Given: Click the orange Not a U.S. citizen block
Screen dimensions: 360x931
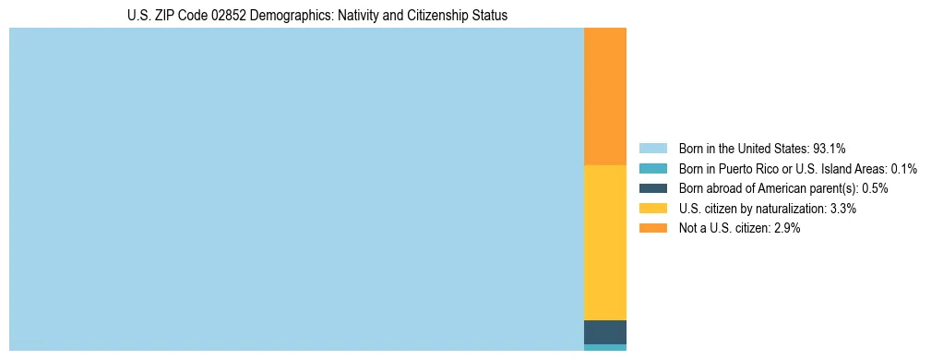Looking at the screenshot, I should (605, 96).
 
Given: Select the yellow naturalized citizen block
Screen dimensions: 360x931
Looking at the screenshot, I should (605, 242).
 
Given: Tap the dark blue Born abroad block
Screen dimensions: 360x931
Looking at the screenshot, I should (605, 331).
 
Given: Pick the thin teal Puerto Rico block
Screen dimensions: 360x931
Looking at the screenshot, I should (605, 347).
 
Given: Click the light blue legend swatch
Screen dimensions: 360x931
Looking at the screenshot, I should (652, 149).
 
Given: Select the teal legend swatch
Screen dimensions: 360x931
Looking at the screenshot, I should (652, 169).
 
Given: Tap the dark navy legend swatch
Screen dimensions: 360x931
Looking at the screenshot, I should (652, 188).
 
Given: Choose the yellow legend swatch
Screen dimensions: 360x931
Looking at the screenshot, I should (652, 209).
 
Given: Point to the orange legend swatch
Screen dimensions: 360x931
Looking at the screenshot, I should (652, 228).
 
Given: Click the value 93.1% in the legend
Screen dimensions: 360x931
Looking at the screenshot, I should (830, 149).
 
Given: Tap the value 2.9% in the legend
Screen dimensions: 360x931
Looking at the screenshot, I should (786, 228).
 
